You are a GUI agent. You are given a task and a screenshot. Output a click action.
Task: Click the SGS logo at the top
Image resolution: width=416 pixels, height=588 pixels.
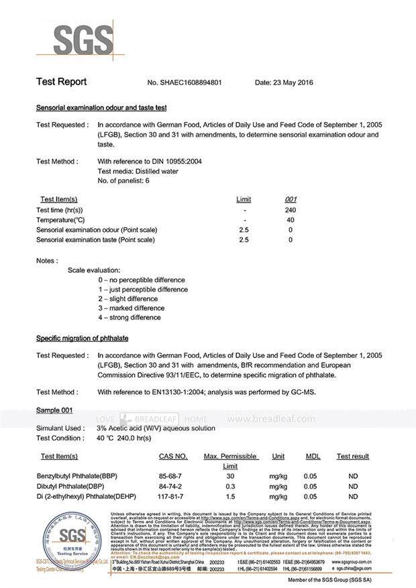pos(74,40)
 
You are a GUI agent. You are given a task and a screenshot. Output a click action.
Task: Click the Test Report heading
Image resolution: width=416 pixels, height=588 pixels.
pos(61,82)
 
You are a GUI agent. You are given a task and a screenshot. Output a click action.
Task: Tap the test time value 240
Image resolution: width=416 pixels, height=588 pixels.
pos(291,211)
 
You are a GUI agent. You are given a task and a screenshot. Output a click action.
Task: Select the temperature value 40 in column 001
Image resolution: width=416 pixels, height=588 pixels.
pos(291,220)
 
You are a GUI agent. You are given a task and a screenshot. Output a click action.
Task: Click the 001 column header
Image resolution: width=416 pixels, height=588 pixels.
pos(291,199)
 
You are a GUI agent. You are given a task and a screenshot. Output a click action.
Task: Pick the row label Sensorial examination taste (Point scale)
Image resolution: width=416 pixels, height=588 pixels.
pos(97,239)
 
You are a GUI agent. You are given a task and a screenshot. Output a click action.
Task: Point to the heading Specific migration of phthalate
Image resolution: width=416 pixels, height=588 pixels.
pos(82,338)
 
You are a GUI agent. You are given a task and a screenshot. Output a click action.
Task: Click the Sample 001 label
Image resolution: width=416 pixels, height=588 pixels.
pos(54,410)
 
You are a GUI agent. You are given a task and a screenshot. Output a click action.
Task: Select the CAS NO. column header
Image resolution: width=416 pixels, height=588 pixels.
pos(173,457)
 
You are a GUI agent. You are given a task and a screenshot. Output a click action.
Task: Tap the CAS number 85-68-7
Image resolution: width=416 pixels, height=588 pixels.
pos(172,475)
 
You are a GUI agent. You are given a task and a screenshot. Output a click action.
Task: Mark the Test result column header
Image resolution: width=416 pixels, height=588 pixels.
pos(353,457)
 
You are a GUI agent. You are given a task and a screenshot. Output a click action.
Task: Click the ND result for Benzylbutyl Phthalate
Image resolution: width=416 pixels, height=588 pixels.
pos(353,475)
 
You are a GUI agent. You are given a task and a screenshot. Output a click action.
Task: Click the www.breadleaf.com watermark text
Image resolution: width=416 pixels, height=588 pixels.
pos(271,419)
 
